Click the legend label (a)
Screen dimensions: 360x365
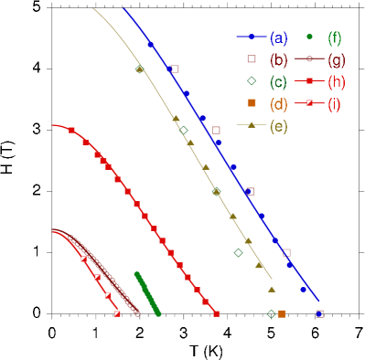[x=279, y=37]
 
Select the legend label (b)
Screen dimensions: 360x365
[x=279, y=59]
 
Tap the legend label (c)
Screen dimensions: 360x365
[x=279, y=81]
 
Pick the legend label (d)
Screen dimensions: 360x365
[x=279, y=103]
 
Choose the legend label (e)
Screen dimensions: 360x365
[x=279, y=125]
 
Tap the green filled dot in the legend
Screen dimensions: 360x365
[x=310, y=37]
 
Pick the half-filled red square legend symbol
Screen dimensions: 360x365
[x=310, y=103]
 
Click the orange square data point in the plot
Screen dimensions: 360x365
[x=281, y=314]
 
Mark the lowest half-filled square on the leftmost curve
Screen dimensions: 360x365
[x=117, y=313]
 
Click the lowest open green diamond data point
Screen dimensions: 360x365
[x=271, y=314]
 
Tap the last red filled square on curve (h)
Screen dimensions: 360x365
[x=217, y=313]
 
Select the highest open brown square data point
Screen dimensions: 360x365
[x=175, y=69]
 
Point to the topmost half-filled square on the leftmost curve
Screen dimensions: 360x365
[x=83, y=259]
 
